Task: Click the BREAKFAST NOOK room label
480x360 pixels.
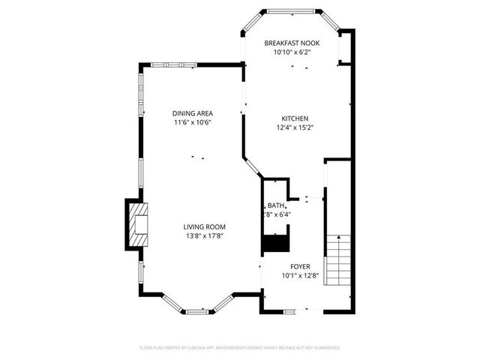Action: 292,43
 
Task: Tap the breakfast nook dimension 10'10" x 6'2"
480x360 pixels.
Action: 292,52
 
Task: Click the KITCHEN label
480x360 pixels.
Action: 294,118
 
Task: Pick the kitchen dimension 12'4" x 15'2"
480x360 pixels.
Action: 294,127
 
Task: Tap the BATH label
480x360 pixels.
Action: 275,205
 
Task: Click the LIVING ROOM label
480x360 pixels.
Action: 204,226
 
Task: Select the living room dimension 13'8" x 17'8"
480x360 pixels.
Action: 204,235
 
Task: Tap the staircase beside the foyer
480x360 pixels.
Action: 339,256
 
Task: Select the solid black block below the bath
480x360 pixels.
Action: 274,244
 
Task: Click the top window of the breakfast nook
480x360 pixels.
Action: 292,11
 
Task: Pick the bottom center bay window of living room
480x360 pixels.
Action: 199,310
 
